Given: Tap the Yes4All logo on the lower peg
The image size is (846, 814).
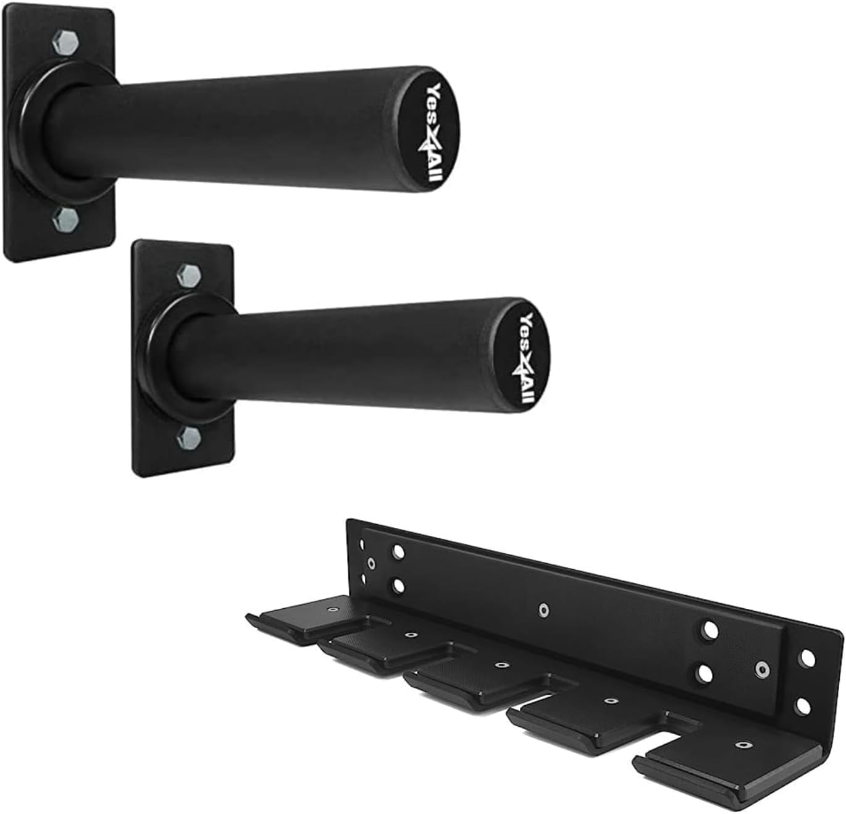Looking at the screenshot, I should coord(526,358).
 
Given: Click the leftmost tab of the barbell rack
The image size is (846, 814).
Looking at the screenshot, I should coord(303,618).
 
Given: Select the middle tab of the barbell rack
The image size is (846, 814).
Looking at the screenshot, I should coord(475,680).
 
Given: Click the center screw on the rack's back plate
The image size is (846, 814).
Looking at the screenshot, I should coord(543,610).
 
